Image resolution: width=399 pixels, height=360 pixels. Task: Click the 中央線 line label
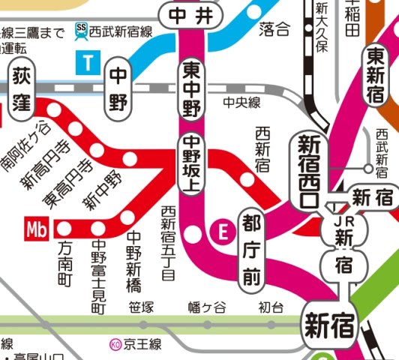(x=241, y=102)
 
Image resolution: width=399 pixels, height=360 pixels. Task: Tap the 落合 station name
(x=274, y=30)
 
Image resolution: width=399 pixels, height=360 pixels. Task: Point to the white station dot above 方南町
(x=64, y=227)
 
